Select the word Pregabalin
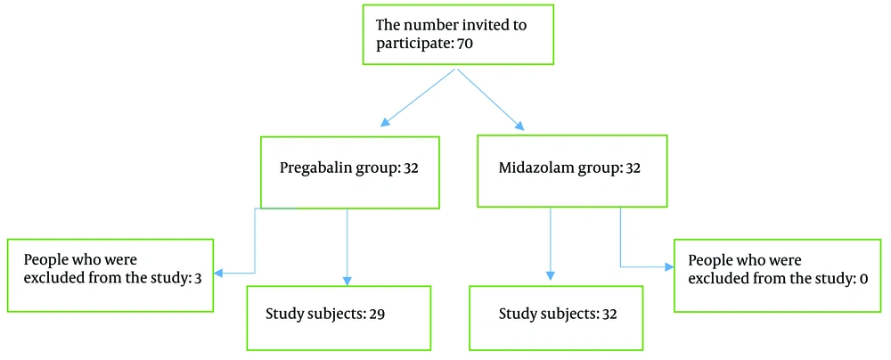point(310,169)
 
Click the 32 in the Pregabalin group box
point(410,169)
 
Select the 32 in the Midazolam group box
point(634,169)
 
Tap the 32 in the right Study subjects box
point(610,314)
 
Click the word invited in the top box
point(487,26)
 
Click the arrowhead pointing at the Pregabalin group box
point(385,121)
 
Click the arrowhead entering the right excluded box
point(667,266)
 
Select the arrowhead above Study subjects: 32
point(550,275)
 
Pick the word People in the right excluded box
point(707,261)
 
